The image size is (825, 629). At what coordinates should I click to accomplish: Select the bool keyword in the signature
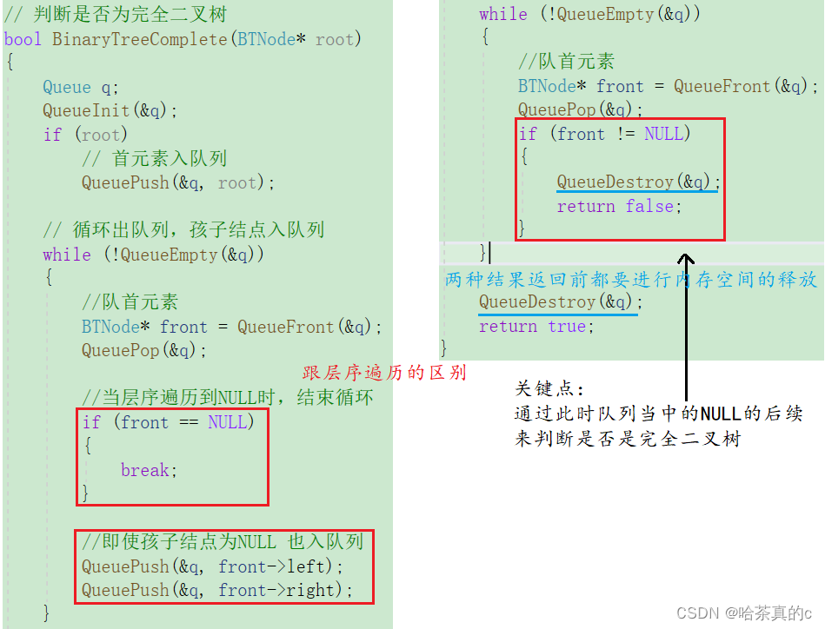tap(23, 39)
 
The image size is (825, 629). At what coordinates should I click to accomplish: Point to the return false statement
tap(619, 206)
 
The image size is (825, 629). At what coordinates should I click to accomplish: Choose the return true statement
tap(536, 326)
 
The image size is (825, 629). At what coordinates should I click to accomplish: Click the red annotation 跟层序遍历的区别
tap(384, 373)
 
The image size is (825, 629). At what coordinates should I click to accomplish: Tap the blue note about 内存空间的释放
tap(631, 279)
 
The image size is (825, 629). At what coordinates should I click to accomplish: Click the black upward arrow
tap(686, 330)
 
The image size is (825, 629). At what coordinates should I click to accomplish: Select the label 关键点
tap(550, 388)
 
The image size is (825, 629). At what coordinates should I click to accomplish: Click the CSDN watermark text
tap(743, 613)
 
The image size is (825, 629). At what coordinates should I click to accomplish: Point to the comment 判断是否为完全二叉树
tap(127, 16)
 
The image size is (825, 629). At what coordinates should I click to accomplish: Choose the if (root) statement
tap(85, 134)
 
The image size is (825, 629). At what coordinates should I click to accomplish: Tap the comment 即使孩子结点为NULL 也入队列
tap(222, 542)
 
